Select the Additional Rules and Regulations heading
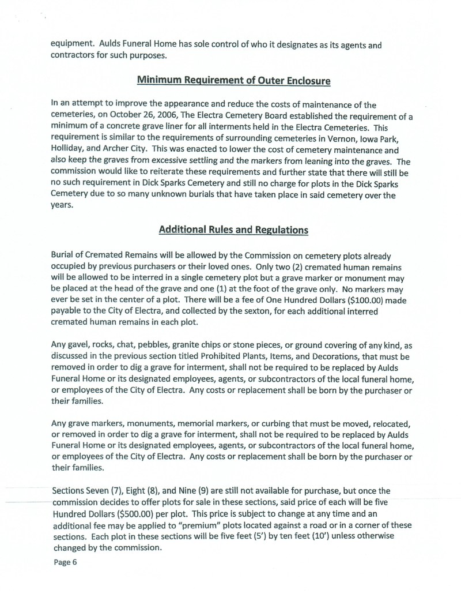[233, 230]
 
